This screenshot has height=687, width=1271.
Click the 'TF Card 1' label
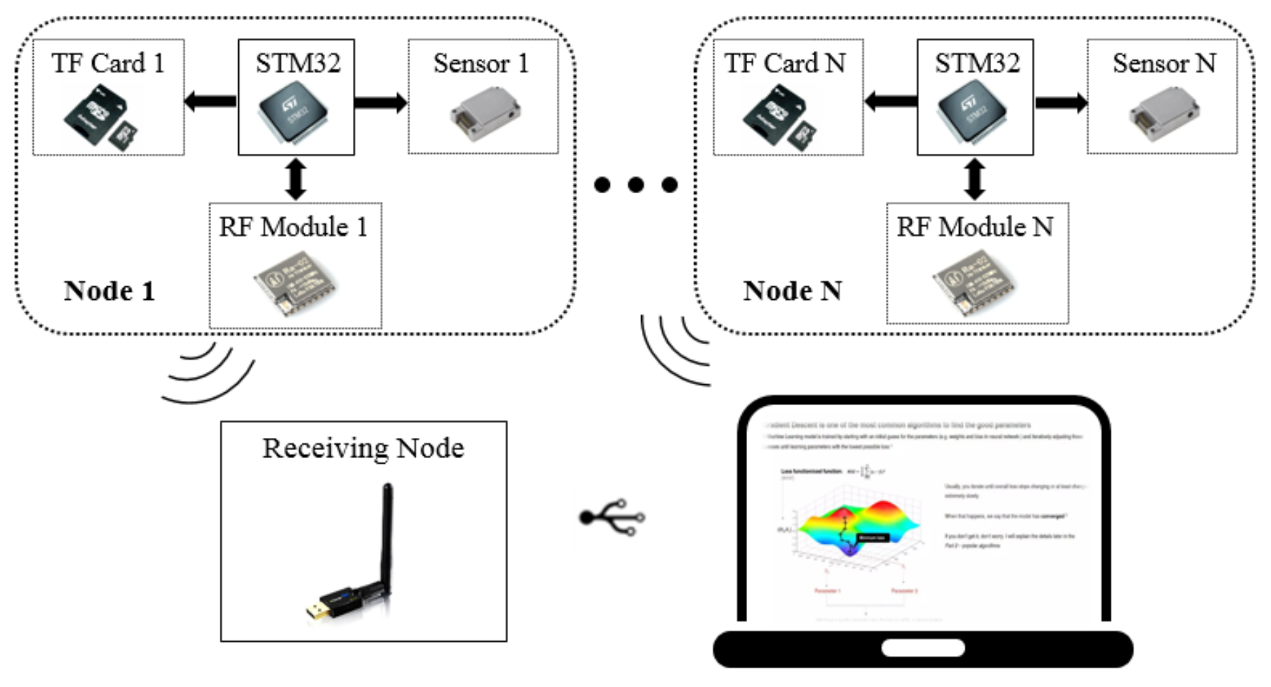[x=108, y=64]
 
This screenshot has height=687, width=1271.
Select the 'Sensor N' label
[x=1164, y=64]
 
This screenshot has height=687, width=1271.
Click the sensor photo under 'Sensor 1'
[x=484, y=114]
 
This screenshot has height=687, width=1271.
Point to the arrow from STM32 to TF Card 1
[x=210, y=101]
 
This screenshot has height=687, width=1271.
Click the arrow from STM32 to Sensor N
[x=1061, y=102]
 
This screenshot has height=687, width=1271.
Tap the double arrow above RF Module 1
[x=296, y=179]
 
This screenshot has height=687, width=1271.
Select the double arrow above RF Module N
[x=975, y=179]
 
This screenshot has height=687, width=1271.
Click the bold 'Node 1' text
[x=109, y=291]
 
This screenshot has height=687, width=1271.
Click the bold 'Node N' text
[x=792, y=291]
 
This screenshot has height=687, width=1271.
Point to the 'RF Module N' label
[x=975, y=227]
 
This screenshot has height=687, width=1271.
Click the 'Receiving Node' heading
[x=363, y=448]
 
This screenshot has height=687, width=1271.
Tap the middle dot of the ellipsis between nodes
[x=635, y=185]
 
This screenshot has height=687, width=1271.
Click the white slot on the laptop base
[x=922, y=648]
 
